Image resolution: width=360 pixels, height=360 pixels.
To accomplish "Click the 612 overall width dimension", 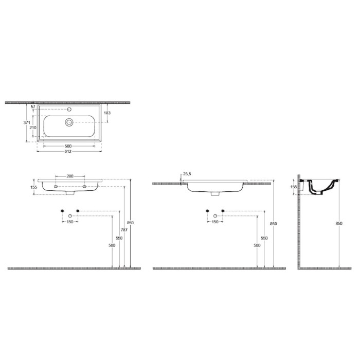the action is [68, 151].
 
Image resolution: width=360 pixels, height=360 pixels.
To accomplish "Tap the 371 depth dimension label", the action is [27, 122].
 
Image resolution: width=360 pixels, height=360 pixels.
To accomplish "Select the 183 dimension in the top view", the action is [107, 113].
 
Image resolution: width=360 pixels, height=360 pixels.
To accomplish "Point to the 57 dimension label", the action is [33, 107].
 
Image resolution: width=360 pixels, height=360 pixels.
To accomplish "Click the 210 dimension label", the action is [33, 128].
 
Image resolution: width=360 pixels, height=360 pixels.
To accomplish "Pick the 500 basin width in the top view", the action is [68, 146].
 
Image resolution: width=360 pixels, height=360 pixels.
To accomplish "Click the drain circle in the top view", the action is [69, 122].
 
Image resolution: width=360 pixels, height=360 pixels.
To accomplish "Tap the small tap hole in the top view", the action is [69, 109].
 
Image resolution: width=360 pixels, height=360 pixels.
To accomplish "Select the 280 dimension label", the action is [70, 176].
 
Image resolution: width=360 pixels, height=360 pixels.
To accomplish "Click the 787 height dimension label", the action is [124, 230].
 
